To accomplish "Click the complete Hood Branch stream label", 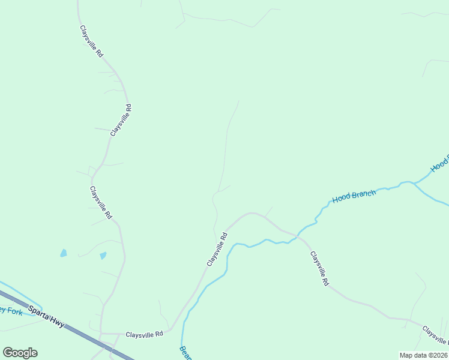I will (354, 196).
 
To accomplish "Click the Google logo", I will (20, 353).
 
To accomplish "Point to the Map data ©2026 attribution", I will (423, 355).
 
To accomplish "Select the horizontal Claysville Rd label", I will (144, 334).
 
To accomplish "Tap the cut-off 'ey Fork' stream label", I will (11, 311).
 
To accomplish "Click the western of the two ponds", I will (63, 253).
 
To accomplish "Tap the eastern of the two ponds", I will (103, 256).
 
